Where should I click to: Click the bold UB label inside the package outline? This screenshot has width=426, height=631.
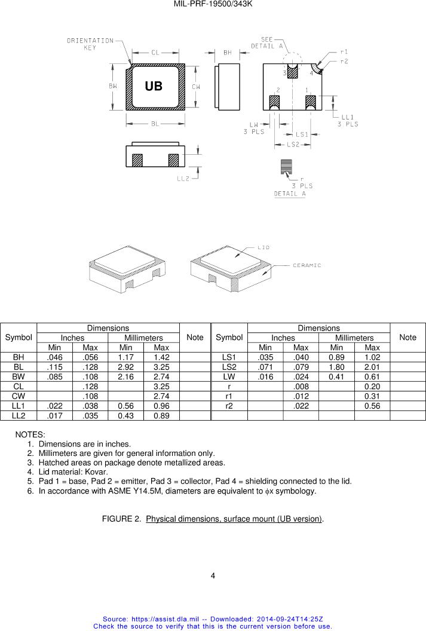[x=154, y=87]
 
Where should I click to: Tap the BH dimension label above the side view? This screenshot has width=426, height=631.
[x=228, y=53]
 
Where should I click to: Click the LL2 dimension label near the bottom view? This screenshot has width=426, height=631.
[x=183, y=178]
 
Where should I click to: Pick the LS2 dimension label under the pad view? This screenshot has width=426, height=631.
[x=293, y=145]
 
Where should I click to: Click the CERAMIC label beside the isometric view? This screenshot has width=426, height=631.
[x=307, y=265]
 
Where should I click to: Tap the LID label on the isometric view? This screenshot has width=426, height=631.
[x=263, y=247]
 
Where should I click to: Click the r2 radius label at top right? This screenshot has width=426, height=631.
[x=344, y=61]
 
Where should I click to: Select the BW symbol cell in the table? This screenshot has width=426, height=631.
[x=19, y=376]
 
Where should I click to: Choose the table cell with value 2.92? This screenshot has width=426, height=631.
[x=125, y=366]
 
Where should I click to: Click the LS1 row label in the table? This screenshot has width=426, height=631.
[x=229, y=357]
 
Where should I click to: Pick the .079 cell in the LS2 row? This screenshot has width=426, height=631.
[x=301, y=366]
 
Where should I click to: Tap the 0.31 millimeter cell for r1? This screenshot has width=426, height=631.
[x=372, y=395]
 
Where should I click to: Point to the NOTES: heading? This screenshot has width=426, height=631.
[x=30, y=434]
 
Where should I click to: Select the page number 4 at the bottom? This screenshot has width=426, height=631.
[x=213, y=576]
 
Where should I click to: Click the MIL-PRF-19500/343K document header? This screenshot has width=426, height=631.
[x=213, y=4]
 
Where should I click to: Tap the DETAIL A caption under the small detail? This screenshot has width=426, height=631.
[x=290, y=194]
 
